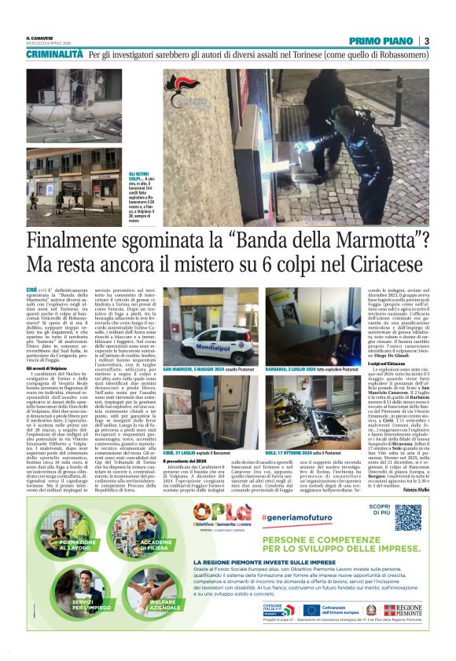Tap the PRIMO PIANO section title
tap(383, 41)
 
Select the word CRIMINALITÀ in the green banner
tap(54, 54)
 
